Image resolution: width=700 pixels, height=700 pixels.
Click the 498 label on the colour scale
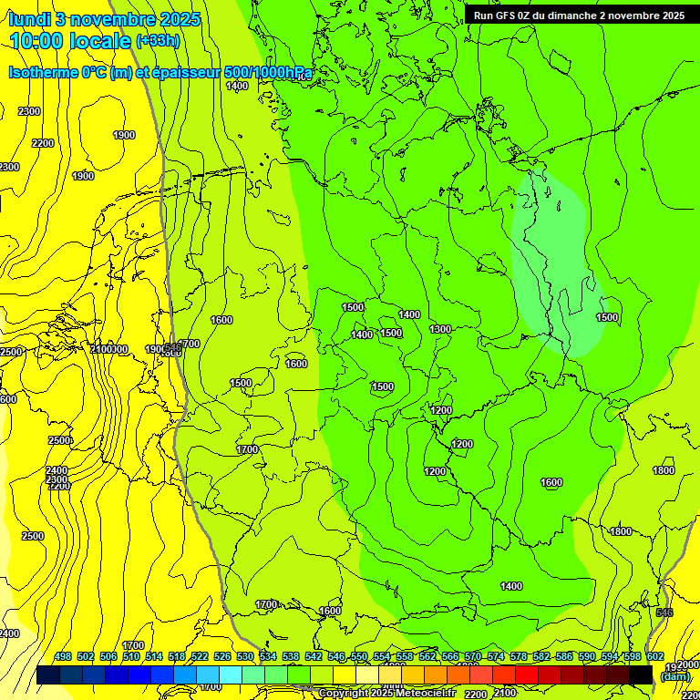63,656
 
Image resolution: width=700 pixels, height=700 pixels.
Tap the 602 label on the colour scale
655,656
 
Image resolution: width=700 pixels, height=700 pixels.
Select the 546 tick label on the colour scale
336,656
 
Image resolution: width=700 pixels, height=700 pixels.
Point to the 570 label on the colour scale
473,656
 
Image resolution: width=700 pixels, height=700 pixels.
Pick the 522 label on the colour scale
200,656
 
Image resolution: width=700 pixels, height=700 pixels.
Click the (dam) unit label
674,676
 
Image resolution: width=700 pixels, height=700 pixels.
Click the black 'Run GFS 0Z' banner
579,15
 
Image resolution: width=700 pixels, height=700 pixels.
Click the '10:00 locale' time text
70,41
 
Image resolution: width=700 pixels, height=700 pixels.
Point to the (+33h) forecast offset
158,41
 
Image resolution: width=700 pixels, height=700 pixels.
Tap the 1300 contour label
440,329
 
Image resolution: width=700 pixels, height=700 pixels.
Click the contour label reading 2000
689,665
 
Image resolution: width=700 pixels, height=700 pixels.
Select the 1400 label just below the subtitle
237,86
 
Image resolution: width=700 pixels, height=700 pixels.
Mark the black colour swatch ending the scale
642,674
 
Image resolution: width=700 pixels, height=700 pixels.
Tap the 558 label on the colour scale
405,656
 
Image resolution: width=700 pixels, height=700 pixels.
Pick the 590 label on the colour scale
587,656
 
